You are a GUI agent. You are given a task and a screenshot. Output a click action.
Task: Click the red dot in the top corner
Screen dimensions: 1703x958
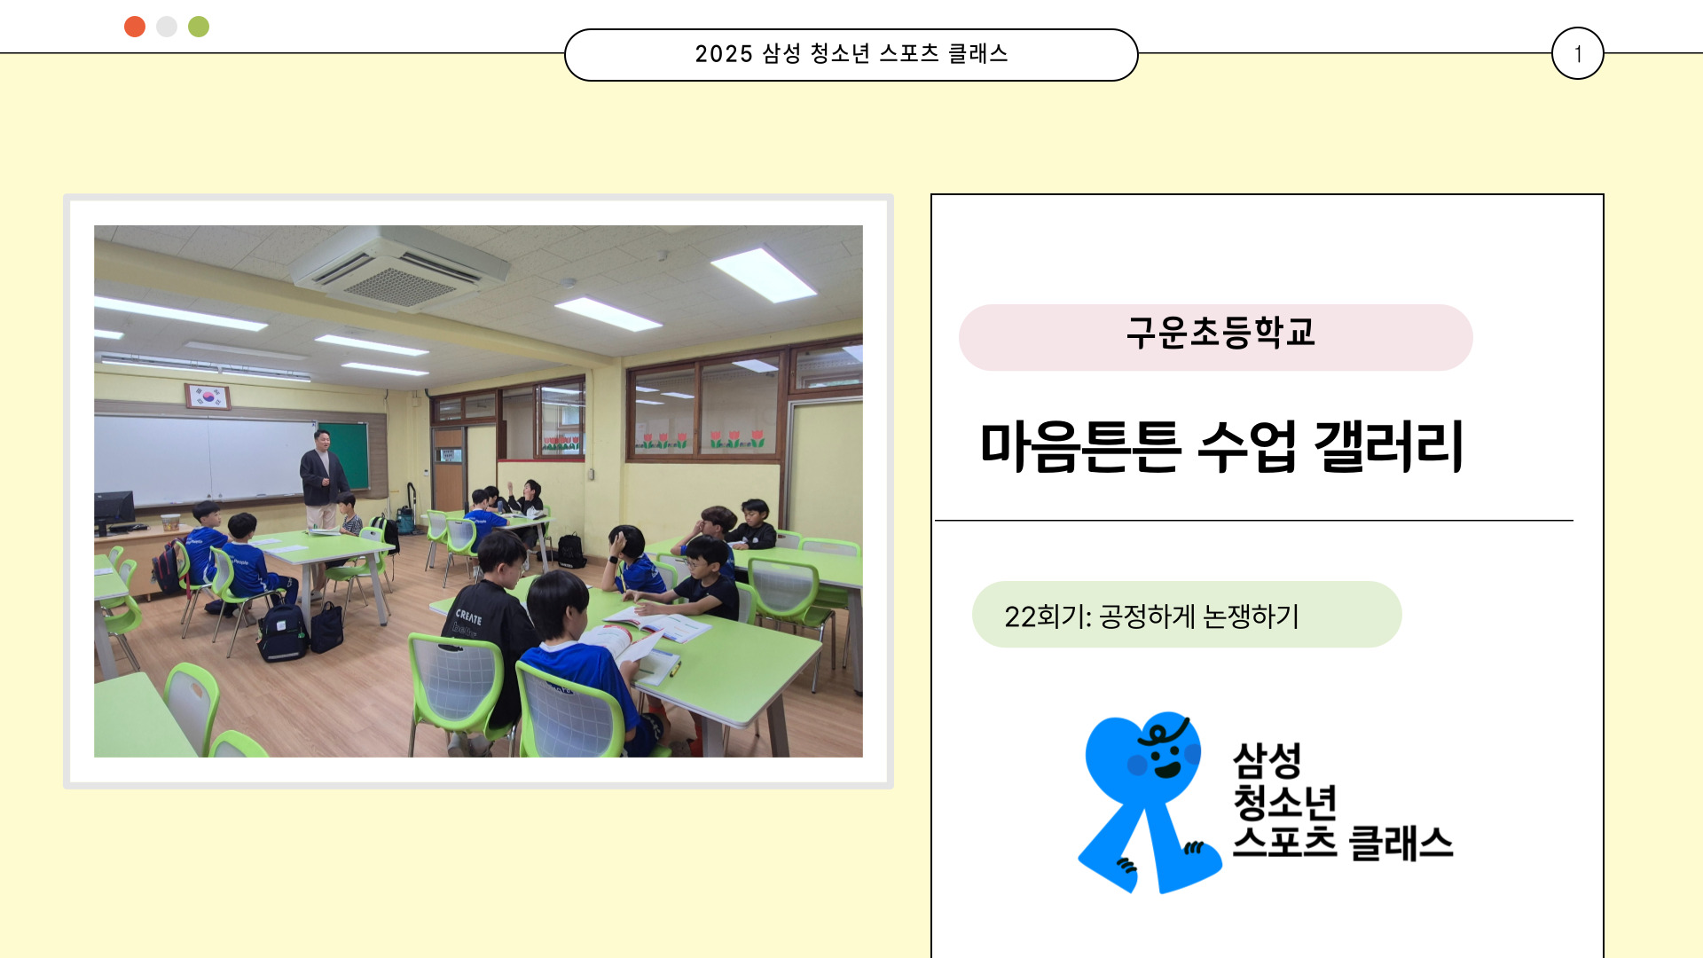coord(135,27)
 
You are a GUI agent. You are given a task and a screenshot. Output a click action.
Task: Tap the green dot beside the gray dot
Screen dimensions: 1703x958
coord(199,27)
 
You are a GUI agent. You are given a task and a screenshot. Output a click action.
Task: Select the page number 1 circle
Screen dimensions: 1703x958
coord(1577,53)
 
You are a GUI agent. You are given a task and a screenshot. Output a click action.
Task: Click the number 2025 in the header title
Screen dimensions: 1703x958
coord(724,54)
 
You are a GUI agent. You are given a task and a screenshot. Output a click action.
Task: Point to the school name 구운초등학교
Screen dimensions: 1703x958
coord(1220,333)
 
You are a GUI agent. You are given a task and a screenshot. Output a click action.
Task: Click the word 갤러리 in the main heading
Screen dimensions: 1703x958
coord(1389,445)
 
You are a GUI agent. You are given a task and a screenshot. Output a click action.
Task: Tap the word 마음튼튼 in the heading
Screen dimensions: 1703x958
coord(1080,445)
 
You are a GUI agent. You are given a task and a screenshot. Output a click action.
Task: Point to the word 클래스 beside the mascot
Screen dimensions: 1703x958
coord(1401,843)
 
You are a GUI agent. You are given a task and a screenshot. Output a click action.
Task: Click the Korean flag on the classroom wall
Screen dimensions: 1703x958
coord(208,397)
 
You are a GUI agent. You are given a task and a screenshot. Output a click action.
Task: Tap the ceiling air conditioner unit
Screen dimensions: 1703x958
coord(401,266)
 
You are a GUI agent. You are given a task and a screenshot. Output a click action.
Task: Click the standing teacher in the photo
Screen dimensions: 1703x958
coord(323,479)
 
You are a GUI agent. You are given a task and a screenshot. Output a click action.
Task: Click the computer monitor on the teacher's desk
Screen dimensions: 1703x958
coord(114,509)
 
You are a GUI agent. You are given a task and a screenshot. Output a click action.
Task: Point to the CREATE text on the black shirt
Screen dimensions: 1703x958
coord(468,616)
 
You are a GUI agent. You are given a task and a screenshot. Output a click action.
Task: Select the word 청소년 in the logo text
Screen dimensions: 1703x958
coord(1285,802)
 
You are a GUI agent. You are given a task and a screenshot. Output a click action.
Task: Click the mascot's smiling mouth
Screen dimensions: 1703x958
coord(1167,769)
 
